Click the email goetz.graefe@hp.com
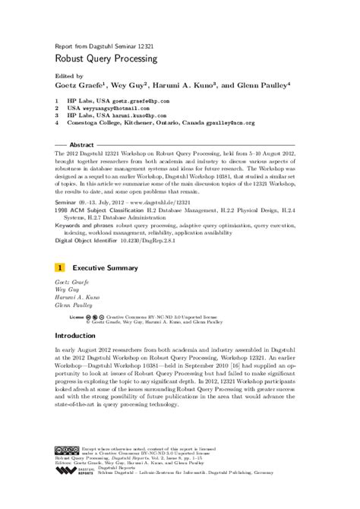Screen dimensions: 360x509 (144, 100)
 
